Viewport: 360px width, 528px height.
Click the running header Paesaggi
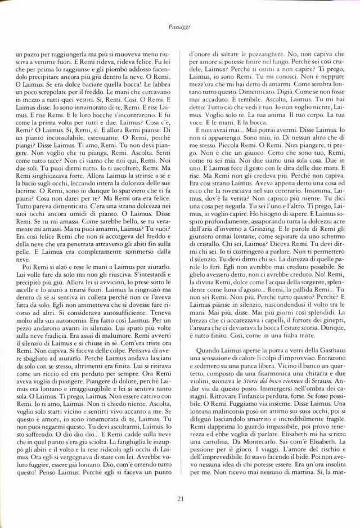tap(179, 26)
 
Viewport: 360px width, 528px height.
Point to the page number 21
tap(180, 498)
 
